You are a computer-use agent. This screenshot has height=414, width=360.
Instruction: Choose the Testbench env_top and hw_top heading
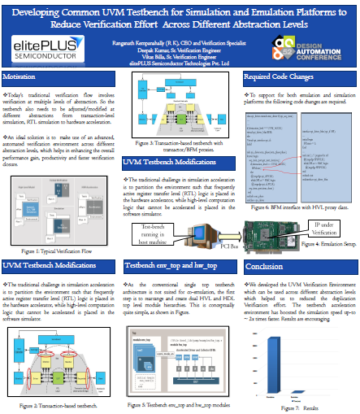point(167,243)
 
